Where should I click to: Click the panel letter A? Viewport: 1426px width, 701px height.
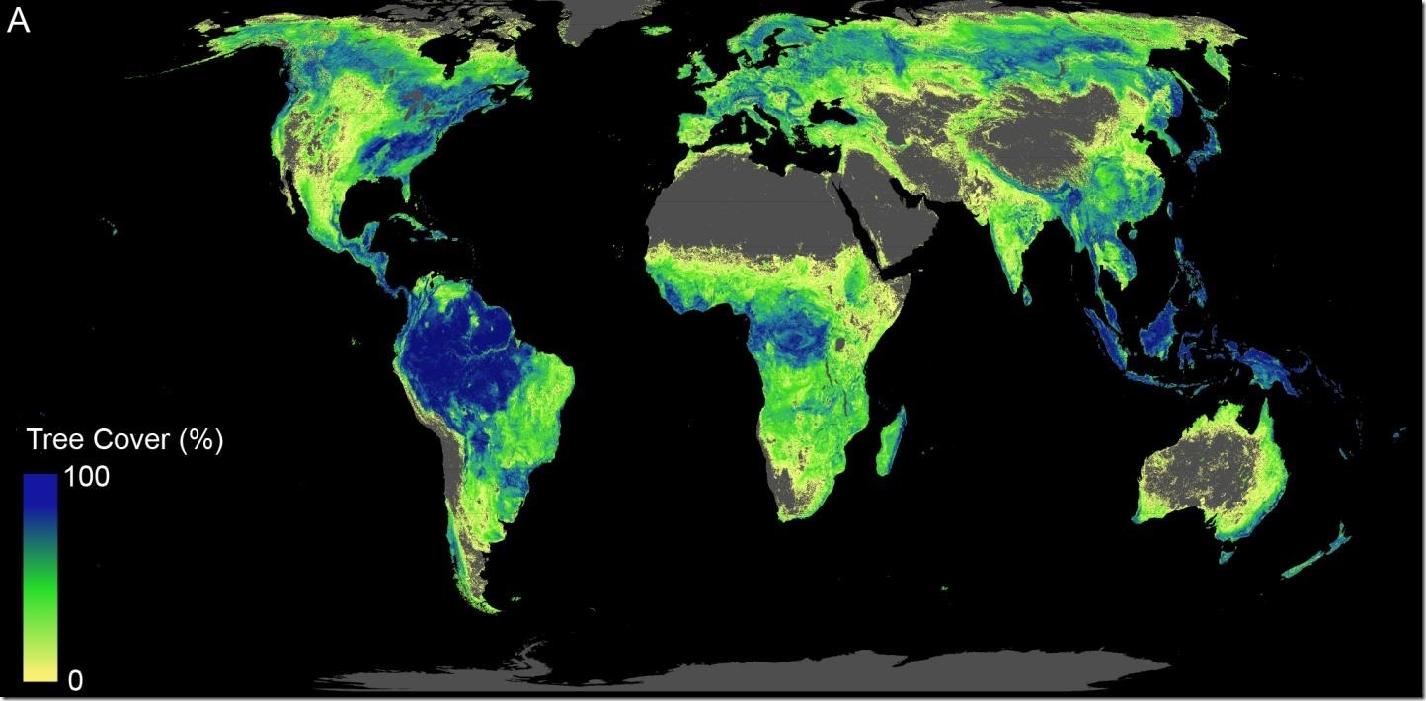pyautogui.click(x=18, y=22)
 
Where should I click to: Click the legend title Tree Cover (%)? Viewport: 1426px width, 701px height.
pyautogui.click(x=124, y=440)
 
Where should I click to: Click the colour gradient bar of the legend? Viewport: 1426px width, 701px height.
pyautogui.click(x=40, y=577)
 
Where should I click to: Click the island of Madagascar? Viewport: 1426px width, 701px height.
pyautogui.click(x=891, y=442)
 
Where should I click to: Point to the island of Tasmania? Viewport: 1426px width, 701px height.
pyautogui.click(x=1228, y=554)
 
